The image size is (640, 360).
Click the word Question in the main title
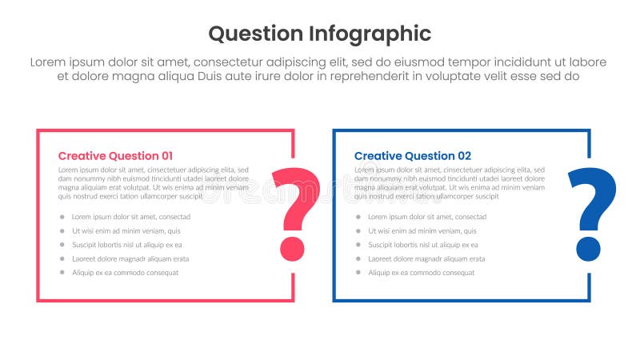[255, 34]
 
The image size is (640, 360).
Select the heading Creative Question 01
[115, 156]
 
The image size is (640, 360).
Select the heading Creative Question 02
[413, 156]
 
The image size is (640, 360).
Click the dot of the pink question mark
[292, 249]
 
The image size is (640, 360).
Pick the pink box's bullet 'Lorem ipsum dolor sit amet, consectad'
[131, 217]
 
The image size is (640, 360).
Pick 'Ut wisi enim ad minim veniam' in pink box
[126, 231]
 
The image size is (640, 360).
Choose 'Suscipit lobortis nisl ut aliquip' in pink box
[126, 245]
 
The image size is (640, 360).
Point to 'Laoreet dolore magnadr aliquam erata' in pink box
[130, 259]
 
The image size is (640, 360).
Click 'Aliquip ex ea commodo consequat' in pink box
[125, 273]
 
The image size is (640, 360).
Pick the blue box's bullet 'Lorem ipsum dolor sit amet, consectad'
[427, 217]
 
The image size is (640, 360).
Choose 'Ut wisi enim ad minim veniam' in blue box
[422, 231]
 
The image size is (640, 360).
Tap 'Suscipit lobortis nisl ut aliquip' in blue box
[422, 245]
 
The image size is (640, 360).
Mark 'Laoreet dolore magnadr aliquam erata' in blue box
[426, 259]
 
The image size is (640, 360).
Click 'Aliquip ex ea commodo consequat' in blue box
[421, 273]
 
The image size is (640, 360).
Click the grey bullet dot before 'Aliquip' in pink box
[62, 273]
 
